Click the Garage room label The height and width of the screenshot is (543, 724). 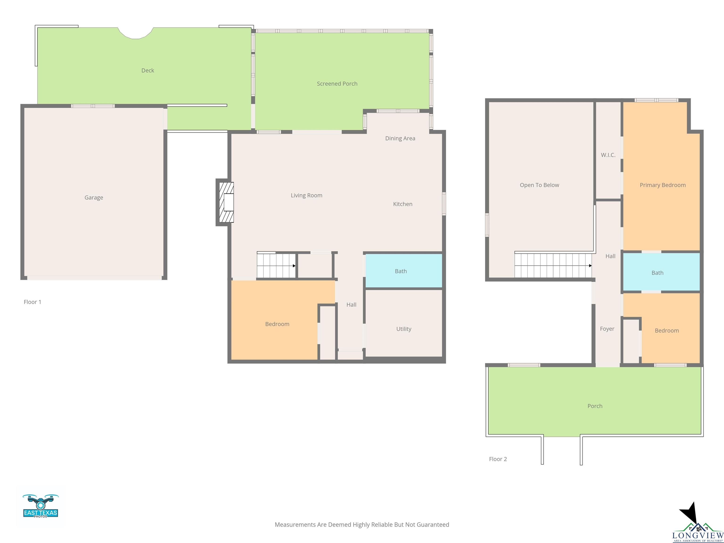click(x=94, y=197)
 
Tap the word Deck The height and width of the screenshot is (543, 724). click(x=148, y=70)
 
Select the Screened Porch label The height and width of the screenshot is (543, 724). click(x=337, y=84)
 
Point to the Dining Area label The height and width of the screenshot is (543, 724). click(x=400, y=138)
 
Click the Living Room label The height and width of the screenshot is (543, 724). click(x=306, y=195)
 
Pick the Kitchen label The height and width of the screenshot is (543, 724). click(x=403, y=204)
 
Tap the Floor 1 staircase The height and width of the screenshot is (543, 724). click(x=276, y=265)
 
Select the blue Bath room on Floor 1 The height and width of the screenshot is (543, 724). click(x=403, y=271)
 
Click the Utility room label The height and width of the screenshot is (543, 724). click(x=403, y=329)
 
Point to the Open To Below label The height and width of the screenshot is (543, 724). click(x=539, y=185)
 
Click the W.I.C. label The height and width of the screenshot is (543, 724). click(x=608, y=155)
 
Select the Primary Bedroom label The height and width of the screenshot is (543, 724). click(x=663, y=185)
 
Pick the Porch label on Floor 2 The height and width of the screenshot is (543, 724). click(x=595, y=406)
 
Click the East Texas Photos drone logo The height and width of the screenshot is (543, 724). click(x=41, y=506)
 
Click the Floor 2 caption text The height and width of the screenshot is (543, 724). click(x=498, y=459)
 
